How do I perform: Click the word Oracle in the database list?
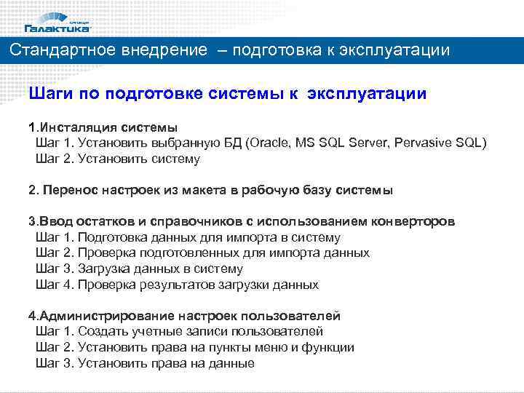tap(270, 143)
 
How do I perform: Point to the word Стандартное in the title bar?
tap(59, 51)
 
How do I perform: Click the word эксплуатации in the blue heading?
tap(367, 94)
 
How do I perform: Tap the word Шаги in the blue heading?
tap(50, 94)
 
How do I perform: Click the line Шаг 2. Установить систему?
tap(117, 158)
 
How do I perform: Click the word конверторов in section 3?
tap(413, 222)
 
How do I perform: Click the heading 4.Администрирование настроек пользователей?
tap(184, 317)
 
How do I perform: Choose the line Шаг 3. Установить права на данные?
tap(145, 363)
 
